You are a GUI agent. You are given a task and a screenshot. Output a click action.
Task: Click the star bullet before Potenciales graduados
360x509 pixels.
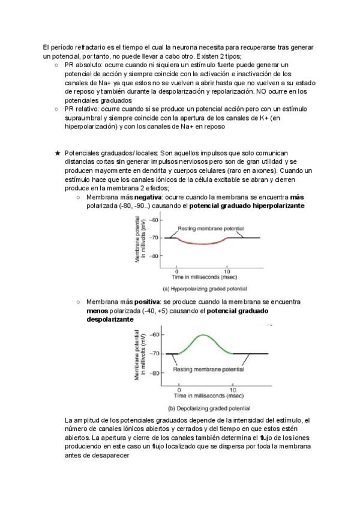pyautogui.click(x=57, y=154)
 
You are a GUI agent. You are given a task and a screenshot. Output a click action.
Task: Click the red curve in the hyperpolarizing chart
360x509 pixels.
pyautogui.click(x=201, y=244)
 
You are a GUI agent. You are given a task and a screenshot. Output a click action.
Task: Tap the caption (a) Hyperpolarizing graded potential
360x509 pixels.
pyautogui.click(x=205, y=289)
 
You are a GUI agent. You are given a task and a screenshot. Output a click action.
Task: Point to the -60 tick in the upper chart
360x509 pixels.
pyautogui.click(x=155, y=220)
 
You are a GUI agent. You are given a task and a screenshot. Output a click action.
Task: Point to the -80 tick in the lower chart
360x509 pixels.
pyautogui.click(x=154, y=373)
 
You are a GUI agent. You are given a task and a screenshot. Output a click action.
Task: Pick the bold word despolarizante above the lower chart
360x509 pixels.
pyautogui.click(x=110, y=320)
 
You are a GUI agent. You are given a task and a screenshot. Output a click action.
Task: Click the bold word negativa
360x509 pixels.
pyautogui.click(x=149, y=197)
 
